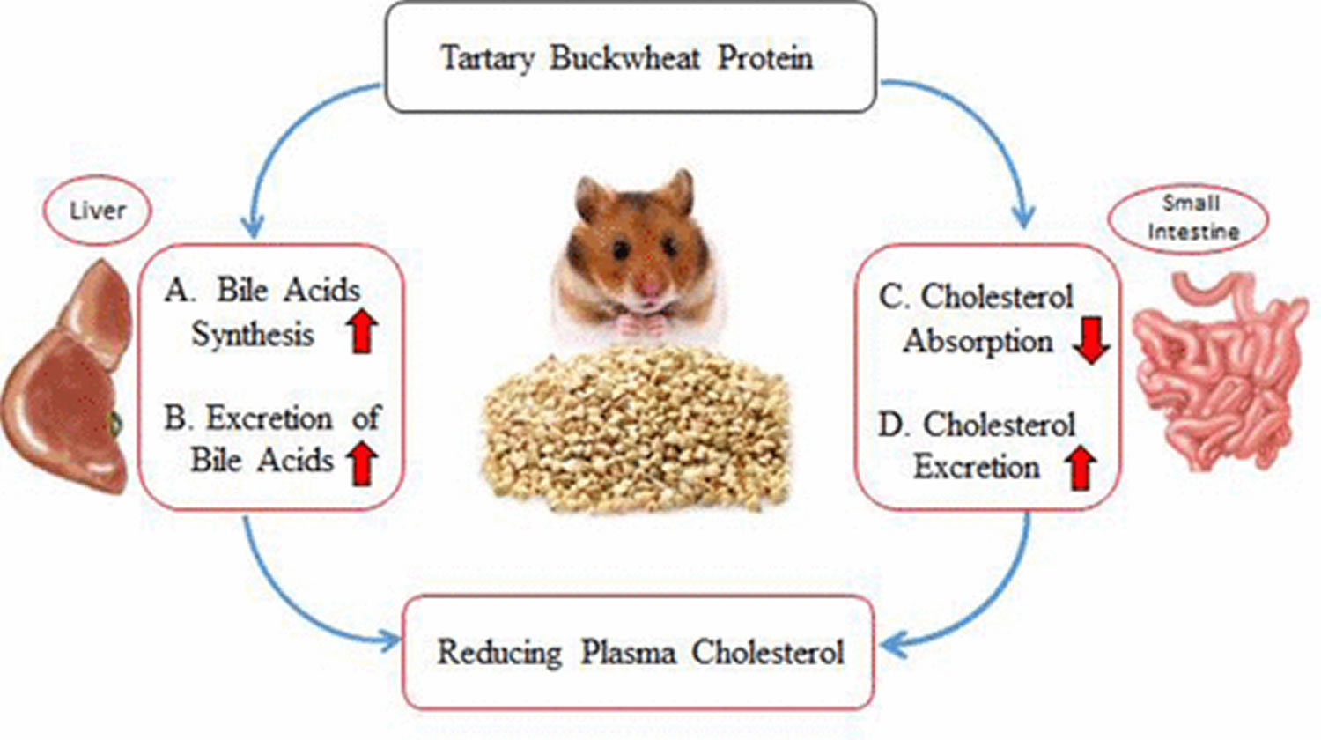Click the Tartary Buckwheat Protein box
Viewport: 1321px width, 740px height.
(631, 57)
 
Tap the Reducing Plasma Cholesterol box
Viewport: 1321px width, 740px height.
(638, 652)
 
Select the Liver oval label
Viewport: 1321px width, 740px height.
(97, 211)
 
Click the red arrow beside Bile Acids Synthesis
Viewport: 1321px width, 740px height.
(361, 332)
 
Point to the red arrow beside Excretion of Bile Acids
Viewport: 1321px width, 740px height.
(361, 464)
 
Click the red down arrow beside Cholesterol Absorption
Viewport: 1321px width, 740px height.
(1092, 341)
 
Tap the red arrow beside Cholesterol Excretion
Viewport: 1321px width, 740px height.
(1081, 469)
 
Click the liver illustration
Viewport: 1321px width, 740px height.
(66, 378)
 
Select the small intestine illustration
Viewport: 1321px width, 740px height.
(1220, 371)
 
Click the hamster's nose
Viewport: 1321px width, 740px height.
(651, 287)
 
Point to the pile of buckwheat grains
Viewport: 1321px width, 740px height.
(637, 430)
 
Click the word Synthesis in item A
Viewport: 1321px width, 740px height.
(253, 335)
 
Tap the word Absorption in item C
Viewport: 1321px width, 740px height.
(978, 341)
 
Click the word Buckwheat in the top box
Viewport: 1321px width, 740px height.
(625, 58)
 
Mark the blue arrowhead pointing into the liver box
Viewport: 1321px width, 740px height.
(254, 226)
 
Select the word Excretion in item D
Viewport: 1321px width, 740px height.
(977, 468)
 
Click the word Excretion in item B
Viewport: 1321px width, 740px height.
(269, 418)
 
